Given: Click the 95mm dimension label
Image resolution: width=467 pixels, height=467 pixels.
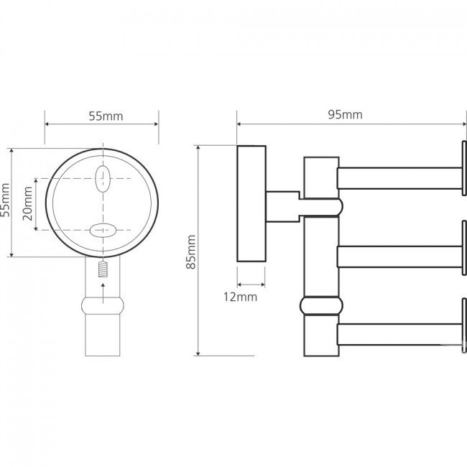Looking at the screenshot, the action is pos(345,115).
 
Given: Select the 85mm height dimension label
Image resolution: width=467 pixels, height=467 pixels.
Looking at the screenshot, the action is pos(191,252).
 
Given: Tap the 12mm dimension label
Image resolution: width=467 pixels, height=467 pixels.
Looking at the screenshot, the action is pos(241,297).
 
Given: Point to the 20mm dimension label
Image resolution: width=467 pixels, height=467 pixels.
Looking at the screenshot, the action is pos(28,203).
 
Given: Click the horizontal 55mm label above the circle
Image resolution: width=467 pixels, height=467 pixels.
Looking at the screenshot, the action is pos(106,116).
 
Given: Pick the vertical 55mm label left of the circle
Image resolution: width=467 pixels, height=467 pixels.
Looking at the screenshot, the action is pos(5,200).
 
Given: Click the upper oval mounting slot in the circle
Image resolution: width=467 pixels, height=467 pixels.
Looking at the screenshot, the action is pos(103,179).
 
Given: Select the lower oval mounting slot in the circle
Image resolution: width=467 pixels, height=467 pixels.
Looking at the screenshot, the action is pos(103,230).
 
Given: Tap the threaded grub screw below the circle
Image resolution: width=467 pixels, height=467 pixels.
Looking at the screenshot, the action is pos(103,269).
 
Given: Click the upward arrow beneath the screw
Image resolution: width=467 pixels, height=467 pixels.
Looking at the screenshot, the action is pos(103,293).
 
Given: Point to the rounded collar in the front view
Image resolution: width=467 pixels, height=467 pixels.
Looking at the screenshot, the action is pos(103,305).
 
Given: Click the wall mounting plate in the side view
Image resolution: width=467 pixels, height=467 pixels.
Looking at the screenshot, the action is pos(251,204).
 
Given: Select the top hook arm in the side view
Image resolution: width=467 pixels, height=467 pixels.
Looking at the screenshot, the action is pos(399,178).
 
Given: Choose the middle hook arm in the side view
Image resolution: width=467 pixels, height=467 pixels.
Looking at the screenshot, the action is pos(399,256).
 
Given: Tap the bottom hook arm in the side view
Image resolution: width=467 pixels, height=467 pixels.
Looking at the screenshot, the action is pos(399,335).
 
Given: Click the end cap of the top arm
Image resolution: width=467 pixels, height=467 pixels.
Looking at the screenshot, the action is pos(463,168).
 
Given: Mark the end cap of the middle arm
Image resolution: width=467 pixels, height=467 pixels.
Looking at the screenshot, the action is pos(463,248).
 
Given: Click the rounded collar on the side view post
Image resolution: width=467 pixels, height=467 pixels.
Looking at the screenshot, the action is pos(321,305).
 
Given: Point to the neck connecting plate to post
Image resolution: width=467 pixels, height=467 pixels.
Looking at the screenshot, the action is pos(283,207).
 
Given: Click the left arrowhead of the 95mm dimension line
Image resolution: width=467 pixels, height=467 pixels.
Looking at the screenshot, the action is pos(239,124).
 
